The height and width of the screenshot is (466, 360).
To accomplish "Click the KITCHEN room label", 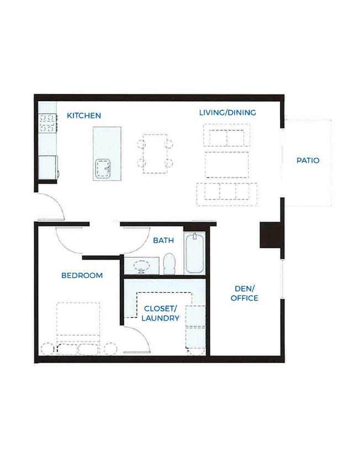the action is tap(84, 115).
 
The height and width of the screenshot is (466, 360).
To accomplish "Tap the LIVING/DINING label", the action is tap(227, 113).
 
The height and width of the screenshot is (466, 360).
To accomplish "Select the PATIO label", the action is tap(308, 161).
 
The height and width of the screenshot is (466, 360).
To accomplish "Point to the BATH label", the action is tap(163, 240).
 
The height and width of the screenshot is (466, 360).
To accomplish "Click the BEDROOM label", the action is tap(82, 276).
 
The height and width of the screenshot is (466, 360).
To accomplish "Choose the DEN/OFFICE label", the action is tap(245, 293).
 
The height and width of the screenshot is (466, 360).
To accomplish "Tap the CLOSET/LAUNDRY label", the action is tap(160, 313).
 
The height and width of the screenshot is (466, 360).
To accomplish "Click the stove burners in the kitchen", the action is tap(47, 123).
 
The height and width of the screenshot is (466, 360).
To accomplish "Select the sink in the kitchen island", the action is tap(103, 168).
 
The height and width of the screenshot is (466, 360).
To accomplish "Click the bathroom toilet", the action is tap(170, 264).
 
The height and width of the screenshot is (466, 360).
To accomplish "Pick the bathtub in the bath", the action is tap(194, 253).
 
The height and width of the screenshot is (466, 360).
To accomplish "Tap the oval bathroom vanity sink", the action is tap(142, 265).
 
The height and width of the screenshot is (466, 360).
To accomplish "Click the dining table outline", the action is tap(155, 154).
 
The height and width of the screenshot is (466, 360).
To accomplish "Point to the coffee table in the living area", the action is tap(227, 165).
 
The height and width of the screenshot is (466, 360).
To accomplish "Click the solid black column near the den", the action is tap(270, 235).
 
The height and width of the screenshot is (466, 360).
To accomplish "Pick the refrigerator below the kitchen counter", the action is tap(47, 167).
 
